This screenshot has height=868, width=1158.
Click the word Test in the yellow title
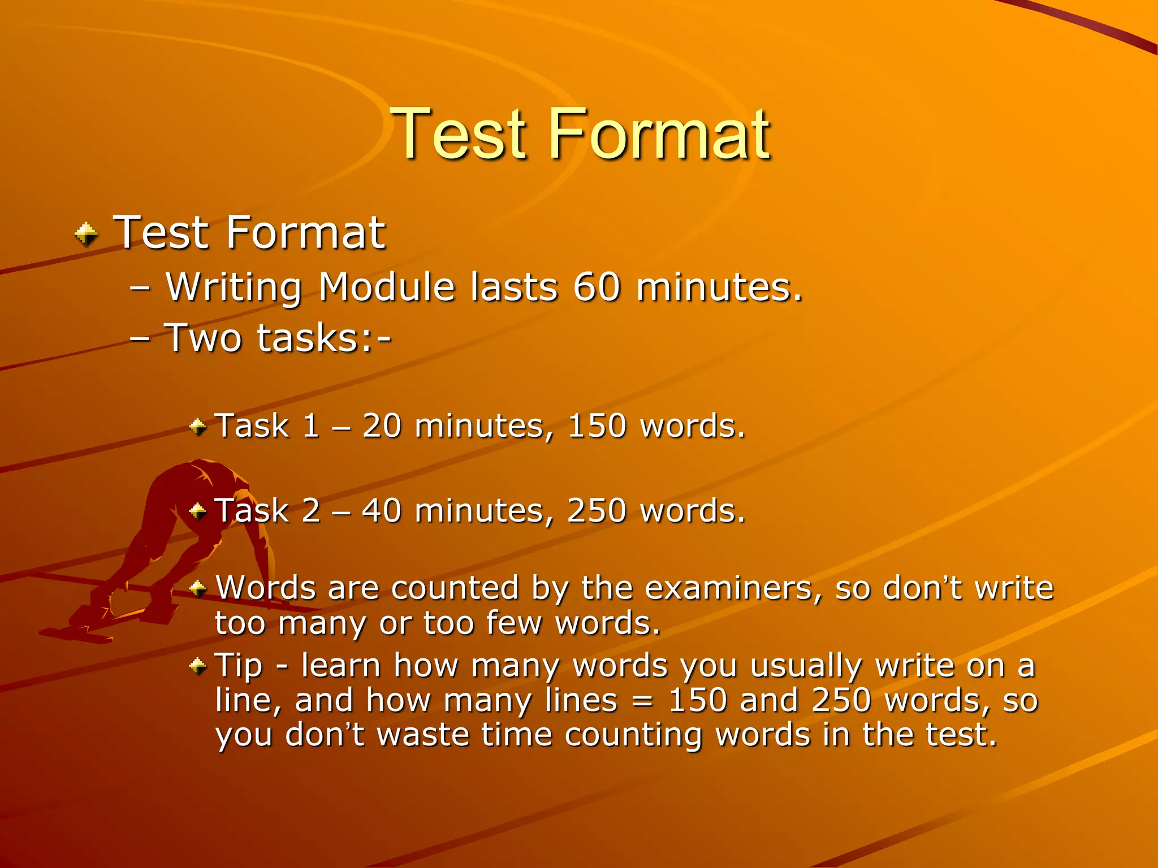point(459,134)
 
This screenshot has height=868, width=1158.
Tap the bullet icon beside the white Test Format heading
point(86,234)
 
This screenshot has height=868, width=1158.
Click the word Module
point(387,287)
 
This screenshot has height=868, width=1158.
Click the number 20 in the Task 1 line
point(382,426)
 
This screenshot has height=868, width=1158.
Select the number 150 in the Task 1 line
point(597,426)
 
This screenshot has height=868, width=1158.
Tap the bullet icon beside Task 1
point(198,426)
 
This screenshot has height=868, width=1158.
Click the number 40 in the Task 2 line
point(382,511)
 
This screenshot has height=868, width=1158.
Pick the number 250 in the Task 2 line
point(597,511)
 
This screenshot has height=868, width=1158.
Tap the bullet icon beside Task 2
point(198,511)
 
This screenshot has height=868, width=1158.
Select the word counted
point(455,588)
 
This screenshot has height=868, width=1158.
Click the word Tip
point(239,666)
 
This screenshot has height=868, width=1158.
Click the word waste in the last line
point(422,735)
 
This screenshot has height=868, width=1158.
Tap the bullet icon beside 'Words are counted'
point(198,589)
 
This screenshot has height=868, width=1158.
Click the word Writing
point(234,288)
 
